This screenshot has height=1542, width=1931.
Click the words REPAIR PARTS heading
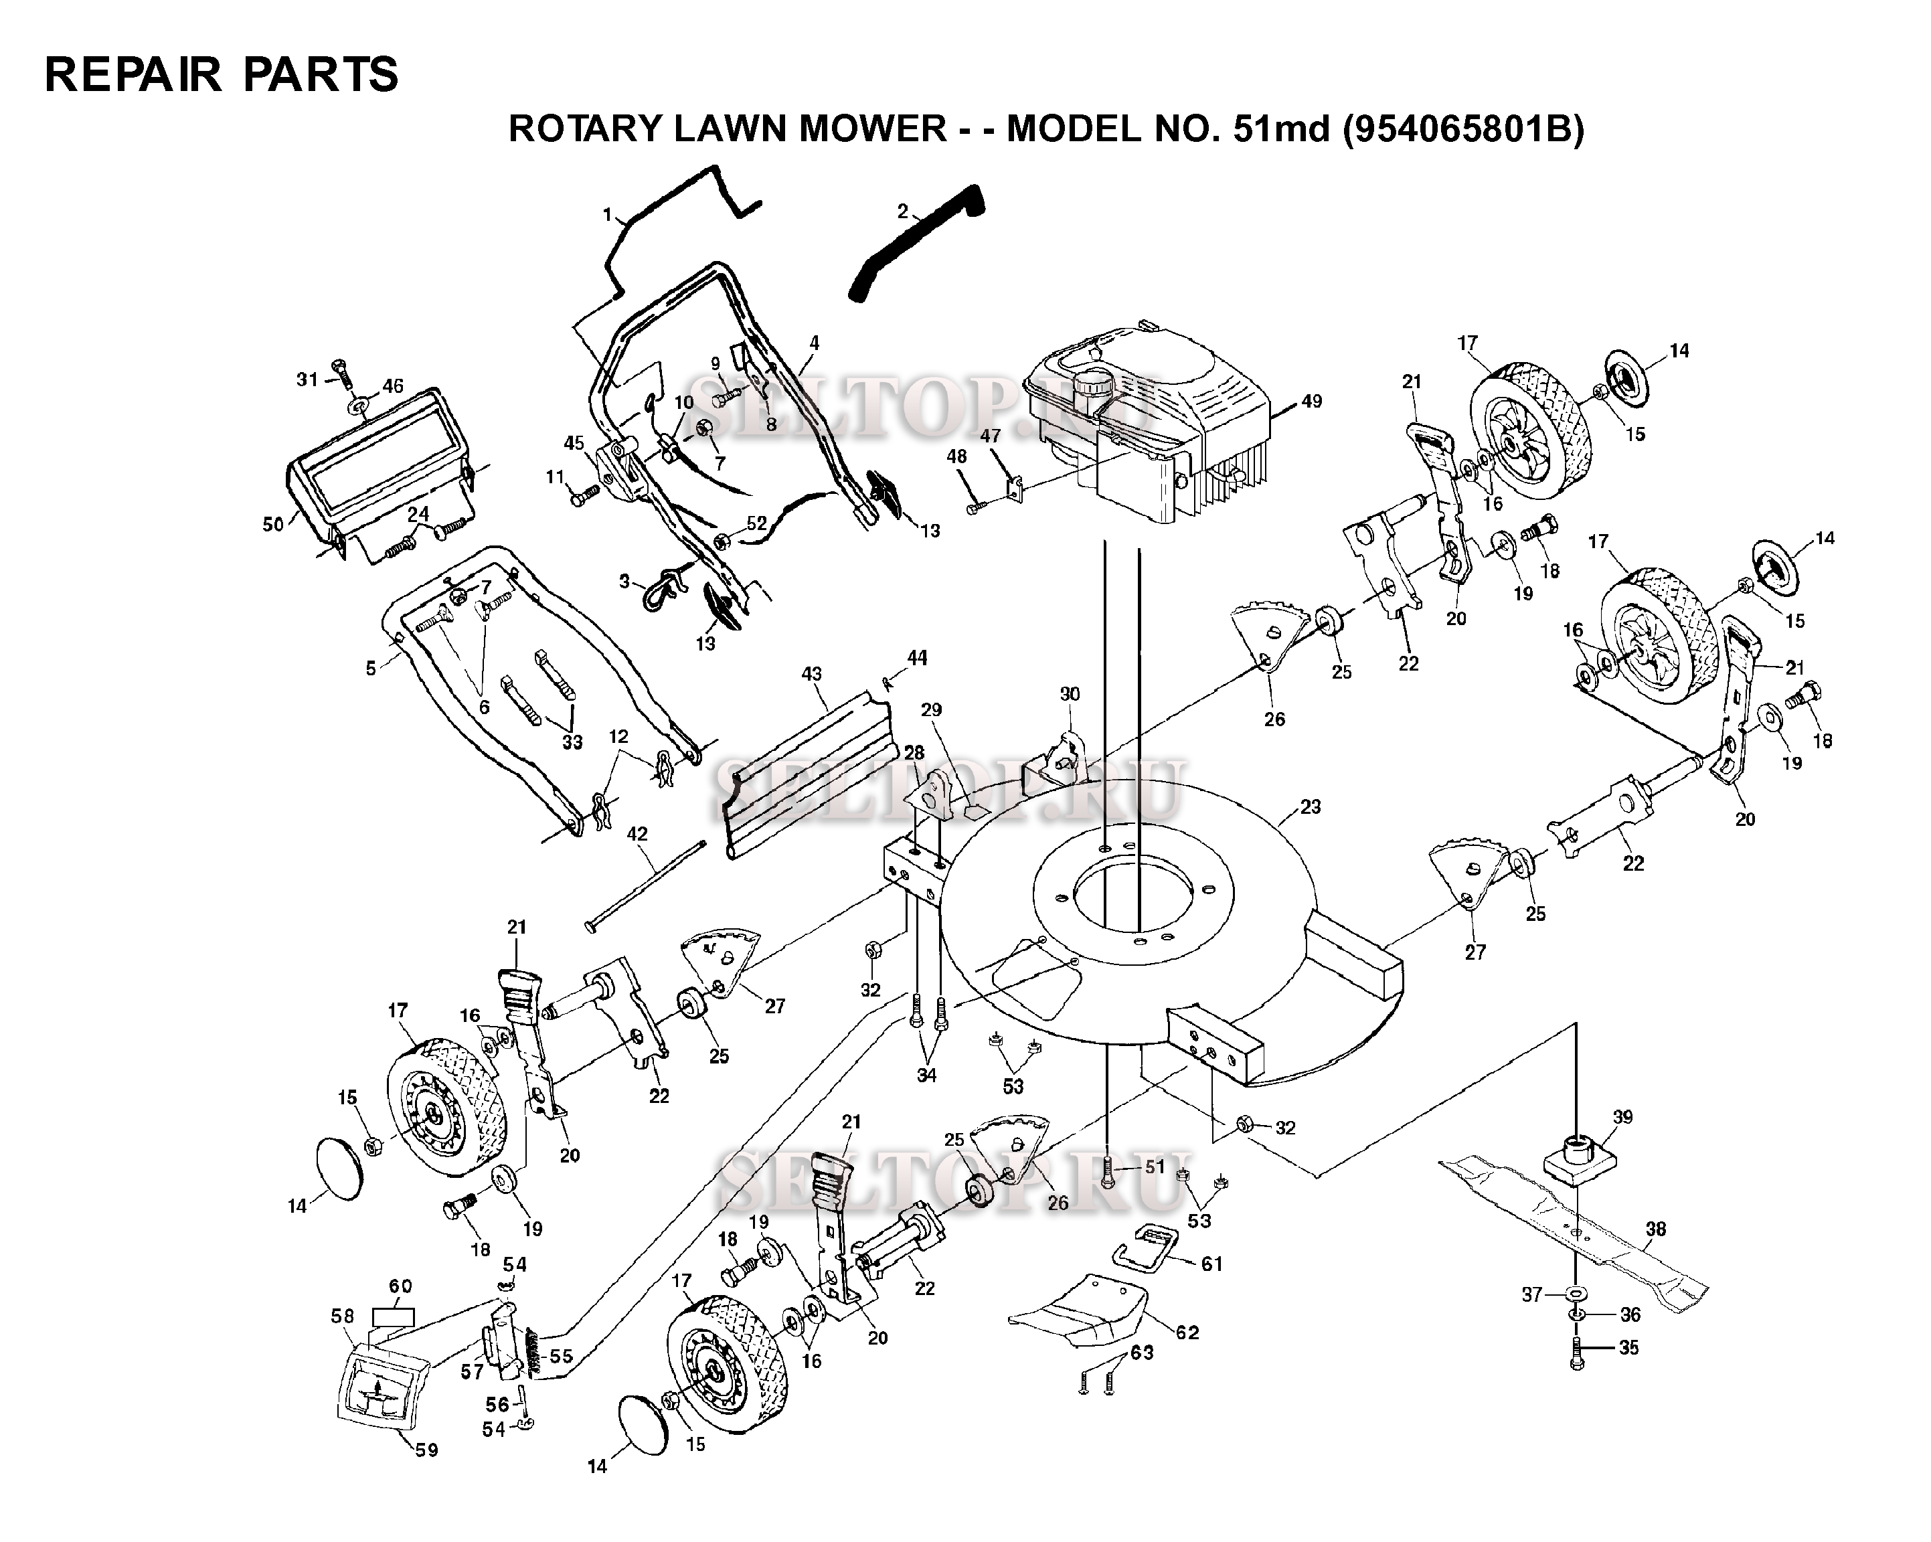(222, 74)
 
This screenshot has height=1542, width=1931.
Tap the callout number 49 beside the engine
(1311, 401)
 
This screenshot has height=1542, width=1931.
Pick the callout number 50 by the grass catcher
(273, 524)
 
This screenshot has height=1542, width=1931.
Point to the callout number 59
(426, 1449)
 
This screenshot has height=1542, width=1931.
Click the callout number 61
(1211, 1264)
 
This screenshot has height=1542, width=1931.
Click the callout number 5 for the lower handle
(371, 668)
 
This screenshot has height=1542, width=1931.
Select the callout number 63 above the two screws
(1142, 1352)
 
